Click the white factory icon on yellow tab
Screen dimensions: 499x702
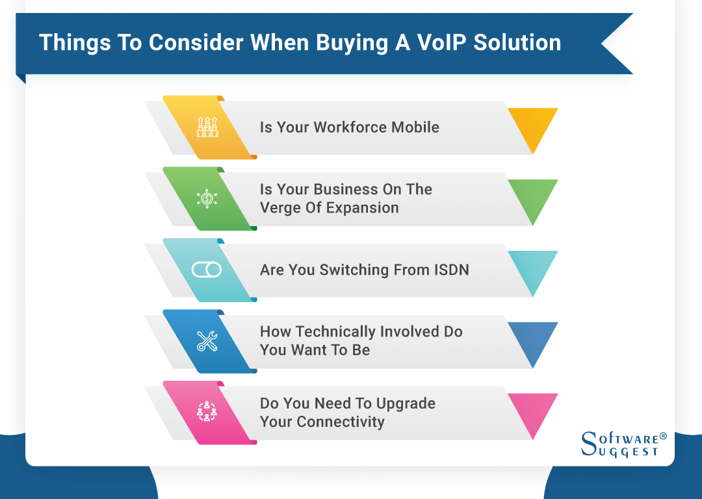click(x=207, y=127)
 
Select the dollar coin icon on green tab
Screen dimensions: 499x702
click(x=207, y=198)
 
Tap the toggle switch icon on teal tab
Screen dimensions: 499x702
click(x=207, y=270)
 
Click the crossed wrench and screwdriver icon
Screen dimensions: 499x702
click(x=207, y=341)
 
